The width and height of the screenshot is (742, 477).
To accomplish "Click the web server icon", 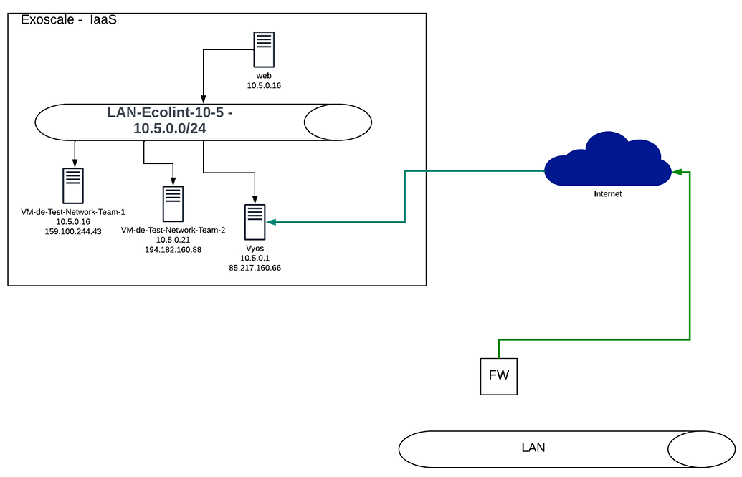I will tap(264, 49).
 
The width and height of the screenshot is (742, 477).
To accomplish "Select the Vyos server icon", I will tap(255, 222).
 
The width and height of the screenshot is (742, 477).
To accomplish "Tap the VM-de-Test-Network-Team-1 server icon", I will tap(73, 185).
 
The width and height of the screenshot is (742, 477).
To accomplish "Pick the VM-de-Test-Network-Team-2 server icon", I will tap(173, 204).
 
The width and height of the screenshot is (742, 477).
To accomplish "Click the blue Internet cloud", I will tap(607, 161).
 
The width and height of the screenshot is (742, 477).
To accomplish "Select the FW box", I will tap(498, 375).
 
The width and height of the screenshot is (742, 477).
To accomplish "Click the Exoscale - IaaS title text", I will tap(69, 20).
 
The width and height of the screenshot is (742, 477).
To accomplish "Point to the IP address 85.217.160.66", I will tap(255, 268).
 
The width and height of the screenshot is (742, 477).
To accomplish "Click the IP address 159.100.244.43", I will tap(73, 231).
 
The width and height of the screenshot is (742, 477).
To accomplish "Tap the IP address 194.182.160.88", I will tap(173, 249).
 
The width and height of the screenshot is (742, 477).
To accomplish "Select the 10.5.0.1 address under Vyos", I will tap(255, 258).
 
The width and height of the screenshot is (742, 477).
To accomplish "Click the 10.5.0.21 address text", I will tap(173, 240).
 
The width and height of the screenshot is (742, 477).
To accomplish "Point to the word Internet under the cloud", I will tap(607, 193).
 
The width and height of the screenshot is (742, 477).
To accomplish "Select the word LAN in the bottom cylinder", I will tap(533, 448).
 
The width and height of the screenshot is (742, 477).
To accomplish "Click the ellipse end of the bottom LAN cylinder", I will tap(701, 449).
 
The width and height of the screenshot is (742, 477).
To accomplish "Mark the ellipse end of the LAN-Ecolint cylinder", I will tap(338, 122).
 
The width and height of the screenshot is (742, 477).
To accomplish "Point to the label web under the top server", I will tap(264, 75).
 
